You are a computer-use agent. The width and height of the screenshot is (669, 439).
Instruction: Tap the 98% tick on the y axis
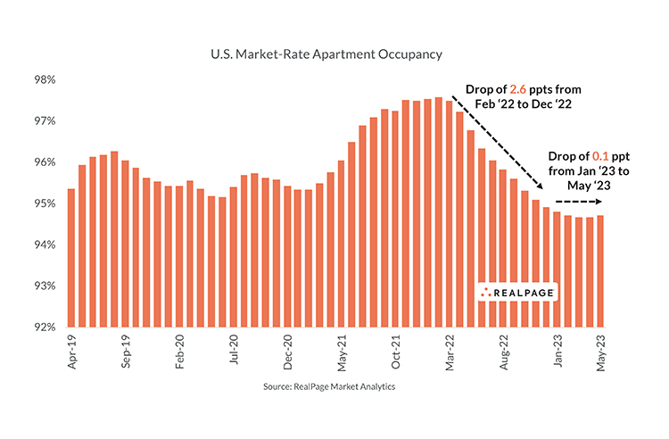[x=45, y=79]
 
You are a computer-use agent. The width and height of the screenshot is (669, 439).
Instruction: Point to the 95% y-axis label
[x=45, y=203]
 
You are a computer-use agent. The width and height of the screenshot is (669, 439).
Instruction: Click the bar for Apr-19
[x=71, y=259]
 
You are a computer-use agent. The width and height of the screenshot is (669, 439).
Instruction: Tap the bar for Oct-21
[x=395, y=219]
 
